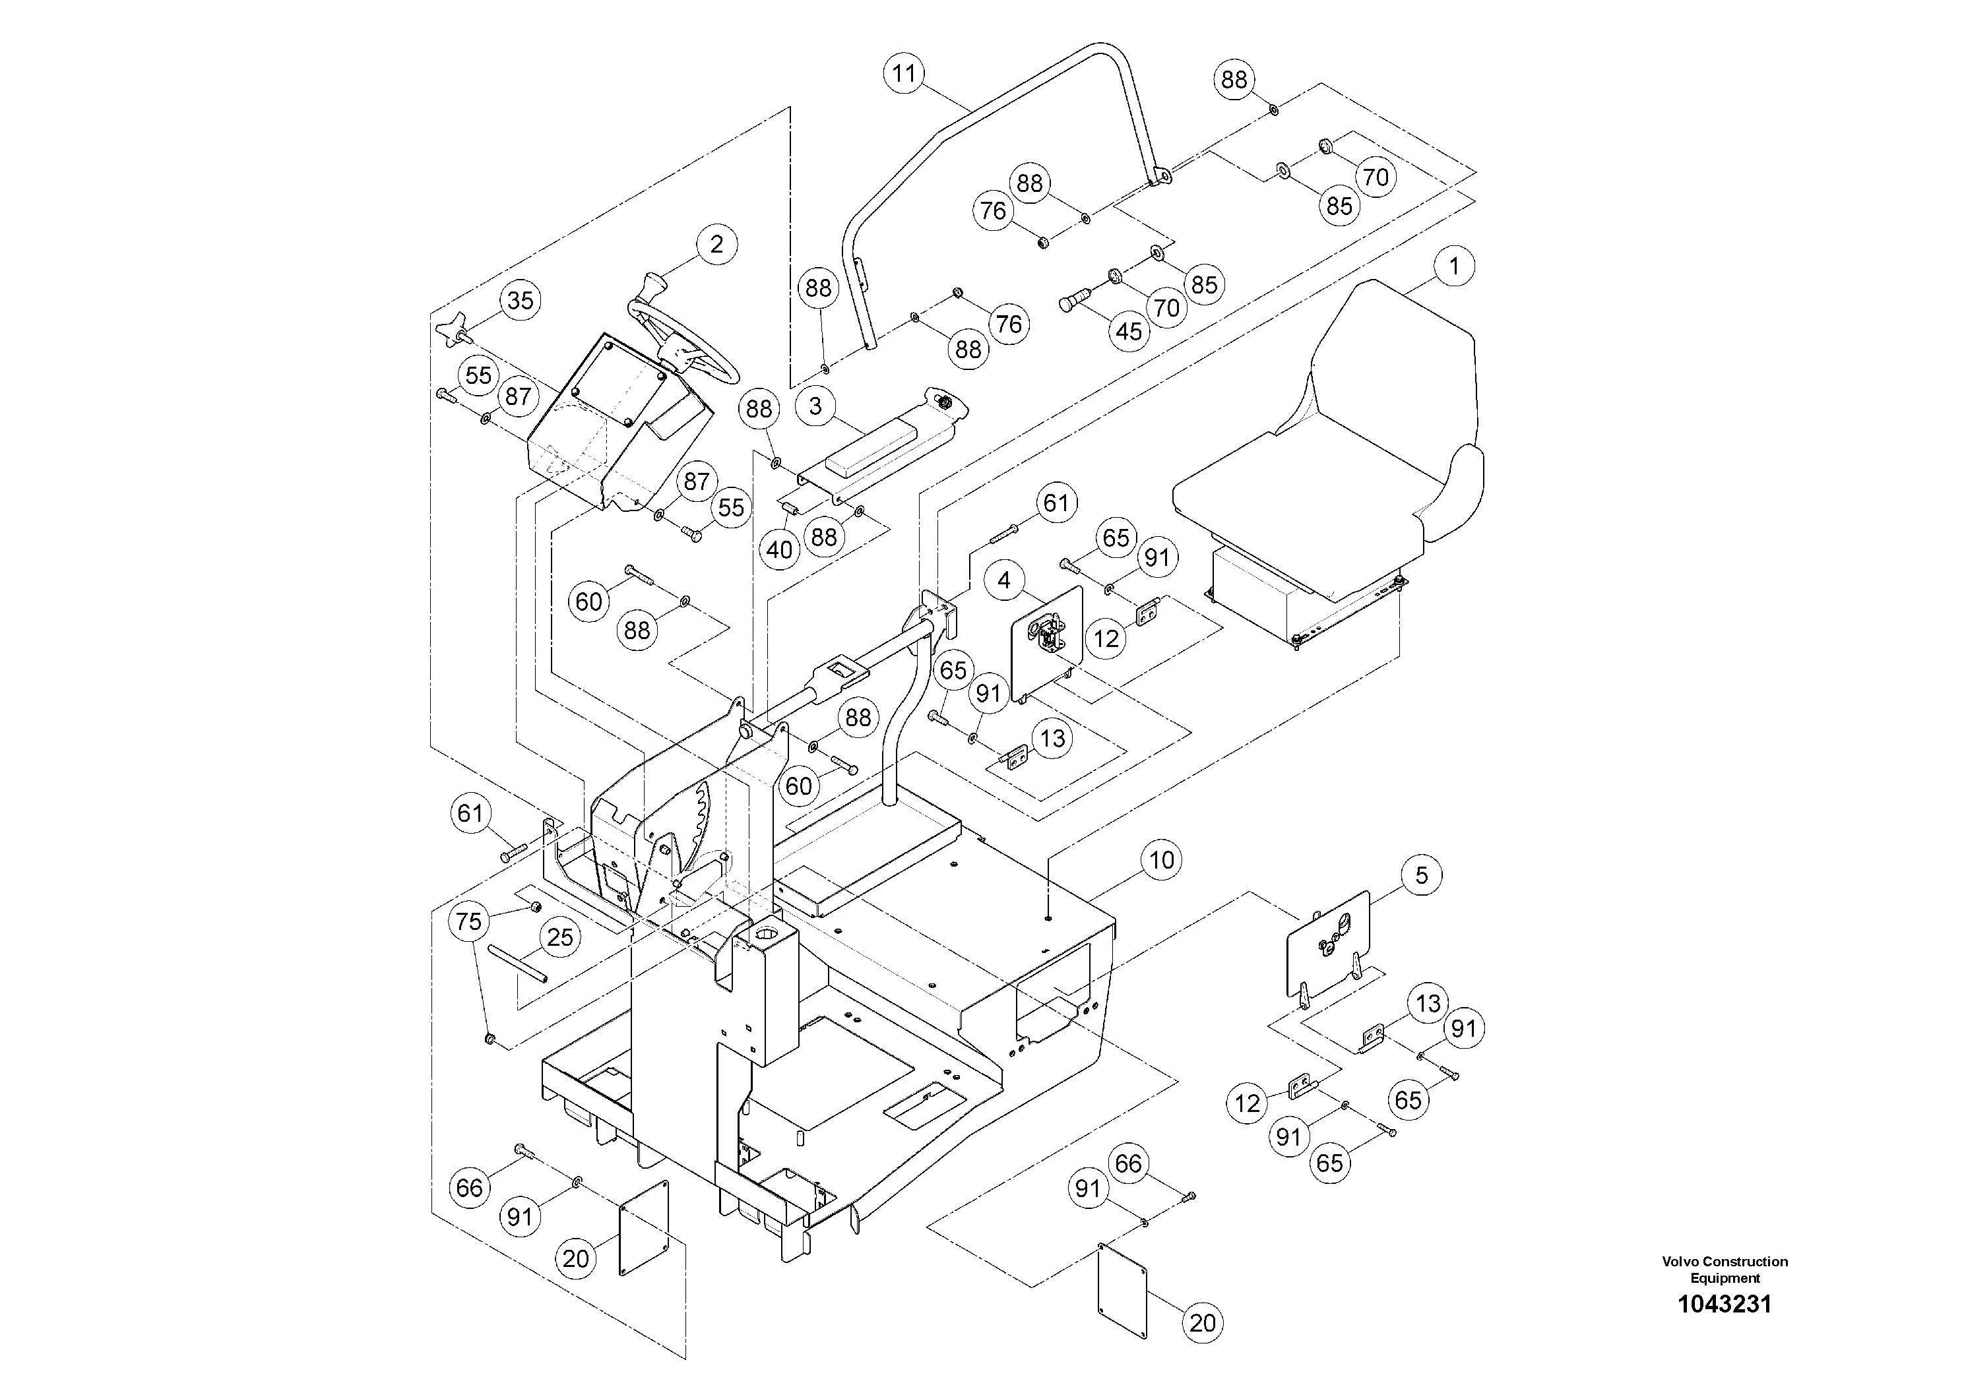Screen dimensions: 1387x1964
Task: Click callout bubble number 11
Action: [904, 74]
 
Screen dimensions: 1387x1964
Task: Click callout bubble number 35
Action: [520, 300]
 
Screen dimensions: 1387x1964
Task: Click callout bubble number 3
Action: [815, 406]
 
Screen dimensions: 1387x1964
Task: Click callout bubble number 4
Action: [1003, 580]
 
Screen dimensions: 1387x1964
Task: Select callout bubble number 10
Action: [1160, 859]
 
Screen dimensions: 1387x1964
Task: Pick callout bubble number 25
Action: [559, 937]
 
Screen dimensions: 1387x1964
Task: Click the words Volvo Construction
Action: [1725, 1261]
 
